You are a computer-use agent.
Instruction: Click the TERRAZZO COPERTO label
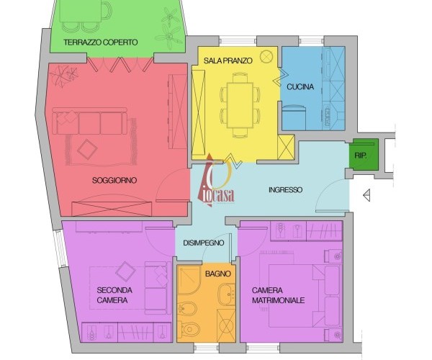(101, 42)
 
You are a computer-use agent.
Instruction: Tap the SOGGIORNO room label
(114, 181)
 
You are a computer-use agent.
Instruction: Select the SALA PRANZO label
(228, 60)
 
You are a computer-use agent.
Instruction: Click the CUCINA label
(300, 87)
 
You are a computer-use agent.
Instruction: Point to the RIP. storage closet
(364, 155)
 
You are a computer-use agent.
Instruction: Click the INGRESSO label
(285, 190)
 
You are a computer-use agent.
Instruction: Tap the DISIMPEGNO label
(204, 243)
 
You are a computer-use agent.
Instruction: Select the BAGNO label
(218, 274)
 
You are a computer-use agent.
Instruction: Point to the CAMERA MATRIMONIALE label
(278, 295)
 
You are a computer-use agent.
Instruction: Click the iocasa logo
(216, 181)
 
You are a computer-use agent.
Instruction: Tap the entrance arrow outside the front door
(366, 196)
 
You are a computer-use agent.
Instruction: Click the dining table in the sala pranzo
(240, 105)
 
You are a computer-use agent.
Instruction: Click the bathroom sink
(228, 294)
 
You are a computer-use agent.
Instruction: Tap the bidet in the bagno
(186, 308)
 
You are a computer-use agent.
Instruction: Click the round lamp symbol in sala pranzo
(266, 56)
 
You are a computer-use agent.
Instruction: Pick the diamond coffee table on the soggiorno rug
(87, 149)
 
